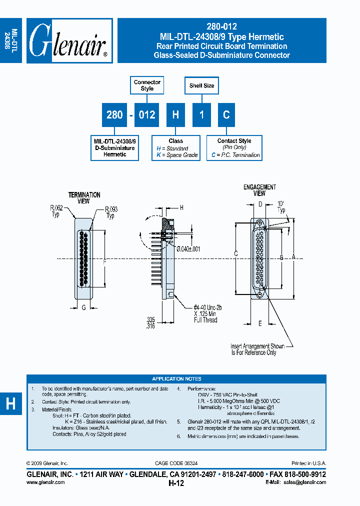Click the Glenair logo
pyautogui.click(x=69, y=41)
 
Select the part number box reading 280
pyautogui.click(x=114, y=114)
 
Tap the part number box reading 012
pyautogui.click(x=147, y=114)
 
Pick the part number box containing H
pyautogui.click(x=175, y=114)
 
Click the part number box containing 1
pyautogui.click(x=201, y=114)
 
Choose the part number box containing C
pyautogui.click(x=226, y=114)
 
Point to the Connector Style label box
pyautogui.click(x=147, y=85)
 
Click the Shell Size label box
pyautogui.click(x=201, y=85)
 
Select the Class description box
pyautogui.click(x=175, y=148)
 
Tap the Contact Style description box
pyautogui.click(x=234, y=148)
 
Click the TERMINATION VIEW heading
pyautogui.click(x=84, y=198)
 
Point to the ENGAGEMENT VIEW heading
pyautogui.click(x=259, y=190)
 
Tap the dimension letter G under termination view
pyautogui.click(x=83, y=307)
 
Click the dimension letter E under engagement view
pyautogui.click(x=260, y=323)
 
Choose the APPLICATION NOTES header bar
pyautogui.click(x=176, y=379)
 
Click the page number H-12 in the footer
pyautogui.click(x=176, y=483)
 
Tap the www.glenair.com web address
pyautogui.click(x=45, y=482)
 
